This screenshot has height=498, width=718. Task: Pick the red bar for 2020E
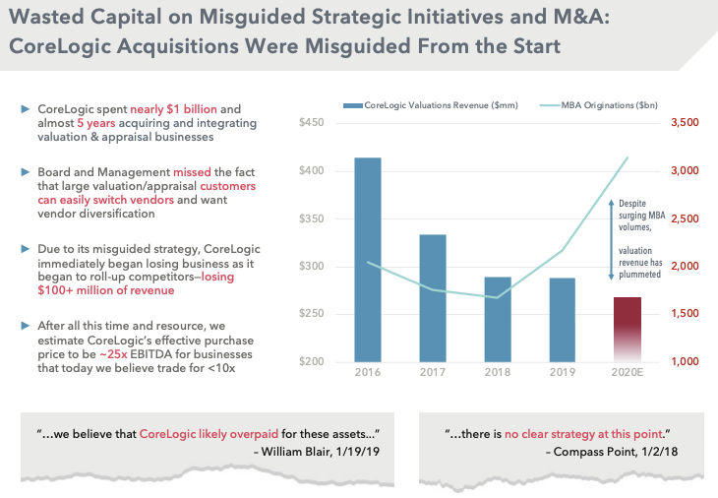click(x=626, y=329)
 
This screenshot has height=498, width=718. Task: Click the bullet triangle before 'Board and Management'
click(x=26, y=170)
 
